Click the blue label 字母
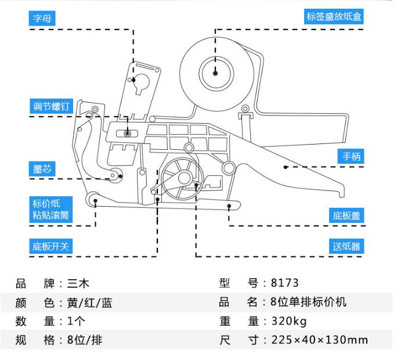(43, 18)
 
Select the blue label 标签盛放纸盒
(334, 16)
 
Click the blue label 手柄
(351, 156)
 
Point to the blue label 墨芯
(42, 169)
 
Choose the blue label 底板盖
(347, 216)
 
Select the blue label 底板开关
(50, 246)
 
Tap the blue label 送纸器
(347, 246)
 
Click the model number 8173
(284, 283)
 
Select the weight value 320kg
(288, 321)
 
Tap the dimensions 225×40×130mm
(319, 340)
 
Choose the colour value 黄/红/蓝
(89, 303)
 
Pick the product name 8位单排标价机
(308, 303)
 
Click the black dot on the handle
(286, 167)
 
